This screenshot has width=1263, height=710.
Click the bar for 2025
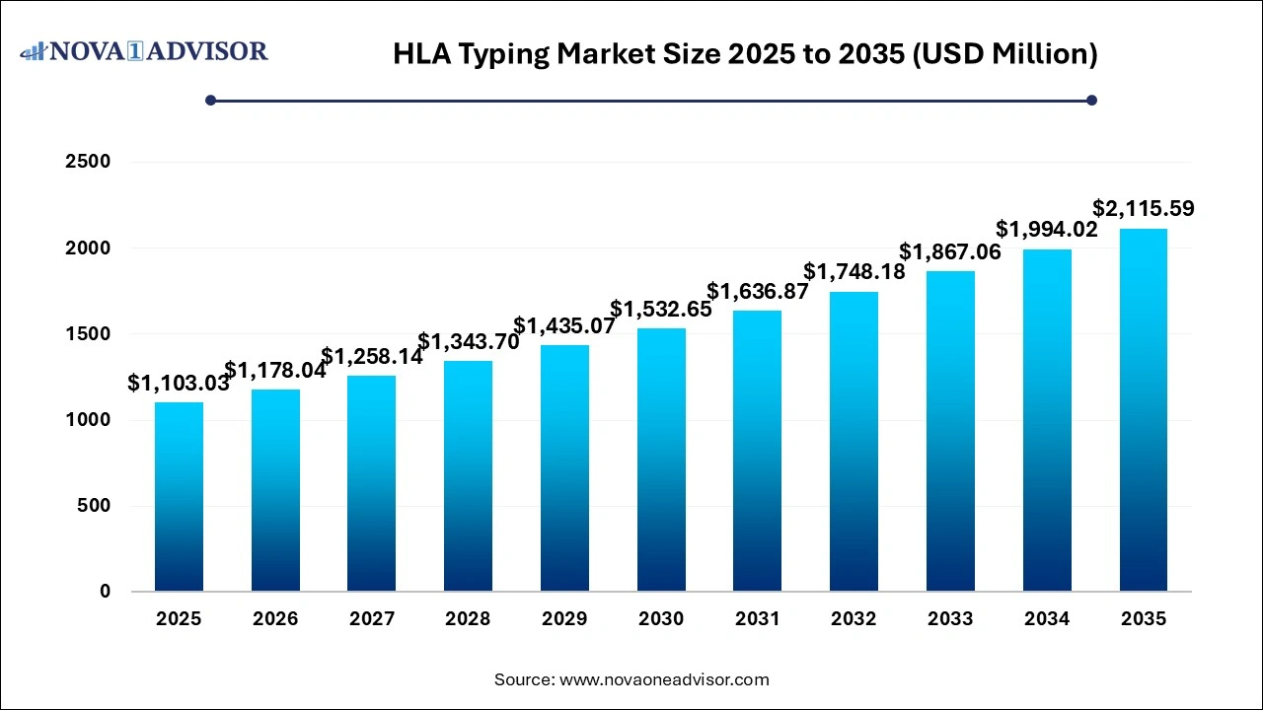click(x=179, y=497)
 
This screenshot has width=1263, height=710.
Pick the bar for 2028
click(x=468, y=476)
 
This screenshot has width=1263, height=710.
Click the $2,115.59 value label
click(x=1143, y=209)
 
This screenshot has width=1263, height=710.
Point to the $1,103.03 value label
click(x=179, y=384)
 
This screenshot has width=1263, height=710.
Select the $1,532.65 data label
click(x=661, y=310)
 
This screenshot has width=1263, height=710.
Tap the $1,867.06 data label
click(x=950, y=252)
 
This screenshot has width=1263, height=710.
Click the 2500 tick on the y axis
click(x=88, y=162)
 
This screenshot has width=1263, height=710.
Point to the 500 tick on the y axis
click(x=95, y=506)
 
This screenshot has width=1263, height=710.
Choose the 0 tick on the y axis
click(x=105, y=592)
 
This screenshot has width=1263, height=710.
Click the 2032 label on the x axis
click(x=854, y=619)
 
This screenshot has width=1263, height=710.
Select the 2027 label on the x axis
click(x=372, y=619)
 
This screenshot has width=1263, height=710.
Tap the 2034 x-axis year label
click(x=1047, y=619)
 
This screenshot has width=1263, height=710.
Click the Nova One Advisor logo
click(x=144, y=51)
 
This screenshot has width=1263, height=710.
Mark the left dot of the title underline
click(x=210, y=100)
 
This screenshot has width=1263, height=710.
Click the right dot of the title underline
click(x=1091, y=100)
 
